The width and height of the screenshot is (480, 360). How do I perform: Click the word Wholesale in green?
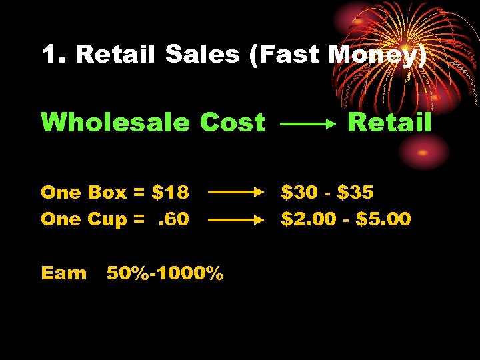pyautogui.click(x=116, y=123)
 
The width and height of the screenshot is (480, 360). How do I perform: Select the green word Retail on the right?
pyautogui.click(x=390, y=123)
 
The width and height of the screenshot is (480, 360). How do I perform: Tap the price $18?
pyautogui.click(x=171, y=193)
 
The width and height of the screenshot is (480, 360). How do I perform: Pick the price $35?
pyautogui.click(x=356, y=193)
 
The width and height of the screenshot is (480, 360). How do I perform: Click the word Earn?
pyautogui.click(x=63, y=273)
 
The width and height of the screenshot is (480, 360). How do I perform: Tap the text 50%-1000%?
pyautogui.click(x=165, y=273)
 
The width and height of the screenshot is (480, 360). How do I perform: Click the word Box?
pyautogui.click(x=107, y=193)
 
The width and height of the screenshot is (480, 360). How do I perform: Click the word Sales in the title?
pyautogui.click(x=202, y=55)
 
